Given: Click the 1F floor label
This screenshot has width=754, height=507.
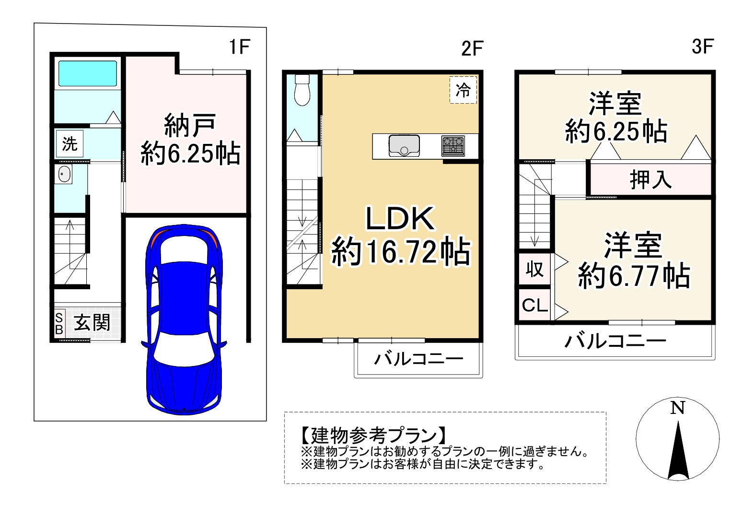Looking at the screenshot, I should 239,47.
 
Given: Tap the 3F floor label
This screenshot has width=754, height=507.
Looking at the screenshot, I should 703,47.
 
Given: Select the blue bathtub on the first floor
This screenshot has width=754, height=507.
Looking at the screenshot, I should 88,73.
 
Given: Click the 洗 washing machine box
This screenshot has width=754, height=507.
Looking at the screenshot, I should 70,143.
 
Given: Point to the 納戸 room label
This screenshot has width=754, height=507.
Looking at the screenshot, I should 190,125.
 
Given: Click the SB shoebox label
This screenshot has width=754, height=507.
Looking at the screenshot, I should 59,323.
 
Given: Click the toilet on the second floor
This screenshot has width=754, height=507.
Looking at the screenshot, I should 302,90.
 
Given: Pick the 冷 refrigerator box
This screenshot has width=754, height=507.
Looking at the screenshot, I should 463,90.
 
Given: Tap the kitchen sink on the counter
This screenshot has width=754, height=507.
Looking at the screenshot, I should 404,146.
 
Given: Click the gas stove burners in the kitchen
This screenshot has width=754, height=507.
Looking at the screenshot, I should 453,146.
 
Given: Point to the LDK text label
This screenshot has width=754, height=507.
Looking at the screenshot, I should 400,219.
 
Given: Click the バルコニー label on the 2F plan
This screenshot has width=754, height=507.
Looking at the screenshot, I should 418,359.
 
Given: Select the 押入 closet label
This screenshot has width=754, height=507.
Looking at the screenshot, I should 650,180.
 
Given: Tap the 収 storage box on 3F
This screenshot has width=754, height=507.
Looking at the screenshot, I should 534,269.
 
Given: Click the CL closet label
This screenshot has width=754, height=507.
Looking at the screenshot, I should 534,305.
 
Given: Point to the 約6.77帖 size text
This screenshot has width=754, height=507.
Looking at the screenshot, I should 634,276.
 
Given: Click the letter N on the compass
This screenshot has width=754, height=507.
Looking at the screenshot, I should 677,408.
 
